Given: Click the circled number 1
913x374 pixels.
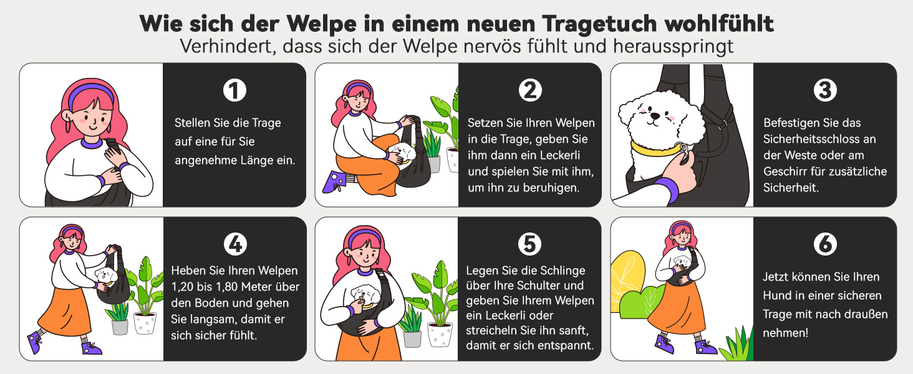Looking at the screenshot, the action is point(234,90).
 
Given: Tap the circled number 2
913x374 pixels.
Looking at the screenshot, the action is point(530,90).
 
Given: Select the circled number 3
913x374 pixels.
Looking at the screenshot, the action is point(825,90).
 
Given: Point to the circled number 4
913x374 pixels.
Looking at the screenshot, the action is point(235,244).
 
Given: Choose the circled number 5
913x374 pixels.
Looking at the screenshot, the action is point(529,244).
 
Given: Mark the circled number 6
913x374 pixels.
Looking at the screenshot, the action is point(825,244).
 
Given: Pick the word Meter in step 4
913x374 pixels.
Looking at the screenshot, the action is point(257,287).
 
